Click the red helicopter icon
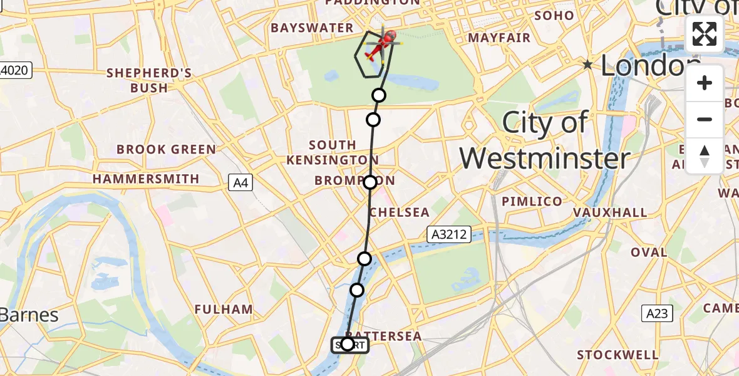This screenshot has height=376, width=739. pos(383,44)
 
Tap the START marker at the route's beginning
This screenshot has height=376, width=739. pos(349,345)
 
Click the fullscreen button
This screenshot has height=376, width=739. pos(705,34)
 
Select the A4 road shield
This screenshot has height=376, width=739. pos(240,183)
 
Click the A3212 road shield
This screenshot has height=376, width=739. pos(448,234)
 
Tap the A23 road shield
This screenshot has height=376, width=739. pos(656,313)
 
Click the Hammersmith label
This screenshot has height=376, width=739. pos(146,179)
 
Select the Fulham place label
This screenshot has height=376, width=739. pos(224,309)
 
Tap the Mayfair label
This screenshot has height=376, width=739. pos(499,38)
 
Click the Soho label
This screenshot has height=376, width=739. pos(554,16)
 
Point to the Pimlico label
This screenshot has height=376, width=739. pos(532,201)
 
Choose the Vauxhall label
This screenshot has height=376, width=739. pos(610,212)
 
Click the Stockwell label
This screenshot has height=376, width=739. pos(618,355)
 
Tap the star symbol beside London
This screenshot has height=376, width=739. pos(587,65)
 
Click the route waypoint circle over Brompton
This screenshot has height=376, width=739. pos(370,182)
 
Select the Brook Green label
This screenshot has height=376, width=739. pos(167,150)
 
